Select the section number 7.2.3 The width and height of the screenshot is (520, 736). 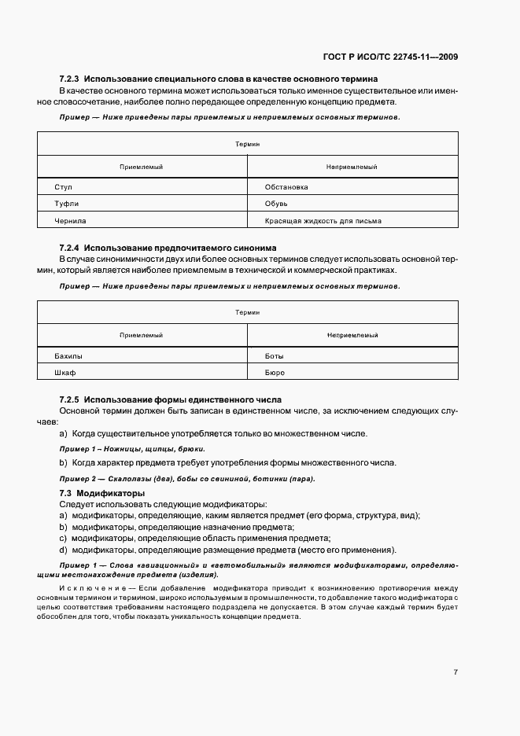(70, 79)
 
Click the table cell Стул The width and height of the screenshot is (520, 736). (64, 187)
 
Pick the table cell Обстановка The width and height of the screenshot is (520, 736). (286, 187)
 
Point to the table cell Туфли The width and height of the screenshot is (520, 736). (66, 204)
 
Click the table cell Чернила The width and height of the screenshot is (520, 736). (70, 221)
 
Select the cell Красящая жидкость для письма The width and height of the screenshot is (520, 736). (323, 221)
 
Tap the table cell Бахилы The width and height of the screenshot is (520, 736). (68, 355)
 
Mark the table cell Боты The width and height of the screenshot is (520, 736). (275, 355)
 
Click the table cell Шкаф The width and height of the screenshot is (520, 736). (65, 372)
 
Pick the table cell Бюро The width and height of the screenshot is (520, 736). (275, 372)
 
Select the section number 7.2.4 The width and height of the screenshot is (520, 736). (70, 248)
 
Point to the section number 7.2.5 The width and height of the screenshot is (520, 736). (70, 399)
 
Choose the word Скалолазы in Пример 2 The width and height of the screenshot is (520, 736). (129, 479)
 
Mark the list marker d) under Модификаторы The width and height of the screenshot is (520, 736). (63, 550)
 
